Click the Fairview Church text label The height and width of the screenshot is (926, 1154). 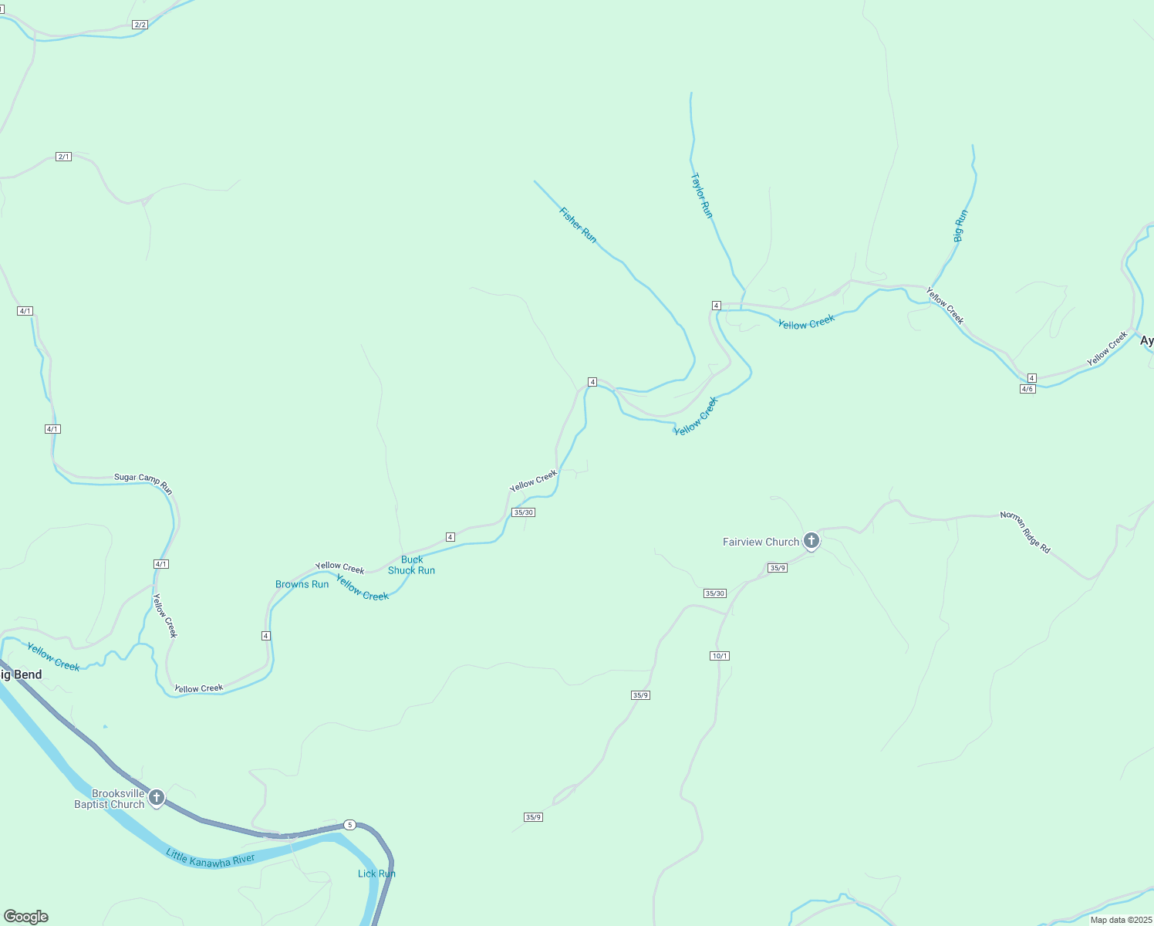[761, 542]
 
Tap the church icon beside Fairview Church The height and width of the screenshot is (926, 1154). [811, 541]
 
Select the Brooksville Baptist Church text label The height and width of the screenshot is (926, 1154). [110, 799]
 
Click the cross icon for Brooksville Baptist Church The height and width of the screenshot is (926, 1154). [157, 798]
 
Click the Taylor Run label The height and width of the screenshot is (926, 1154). [701, 195]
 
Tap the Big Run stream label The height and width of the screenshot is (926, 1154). [960, 226]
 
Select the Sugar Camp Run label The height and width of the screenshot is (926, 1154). [143, 482]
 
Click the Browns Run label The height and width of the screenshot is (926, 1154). [302, 584]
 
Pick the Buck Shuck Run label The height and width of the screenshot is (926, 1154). [411, 565]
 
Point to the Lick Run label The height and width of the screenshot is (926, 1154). [376, 874]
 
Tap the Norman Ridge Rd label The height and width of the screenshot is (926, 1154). [1025, 532]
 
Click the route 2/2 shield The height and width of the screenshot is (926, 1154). [140, 25]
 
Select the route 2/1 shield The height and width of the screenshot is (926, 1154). [63, 157]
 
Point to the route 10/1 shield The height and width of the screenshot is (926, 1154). [719, 656]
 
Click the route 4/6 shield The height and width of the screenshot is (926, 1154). [1027, 389]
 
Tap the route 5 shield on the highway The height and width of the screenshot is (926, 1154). [350, 825]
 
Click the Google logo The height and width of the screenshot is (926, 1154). [26, 917]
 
